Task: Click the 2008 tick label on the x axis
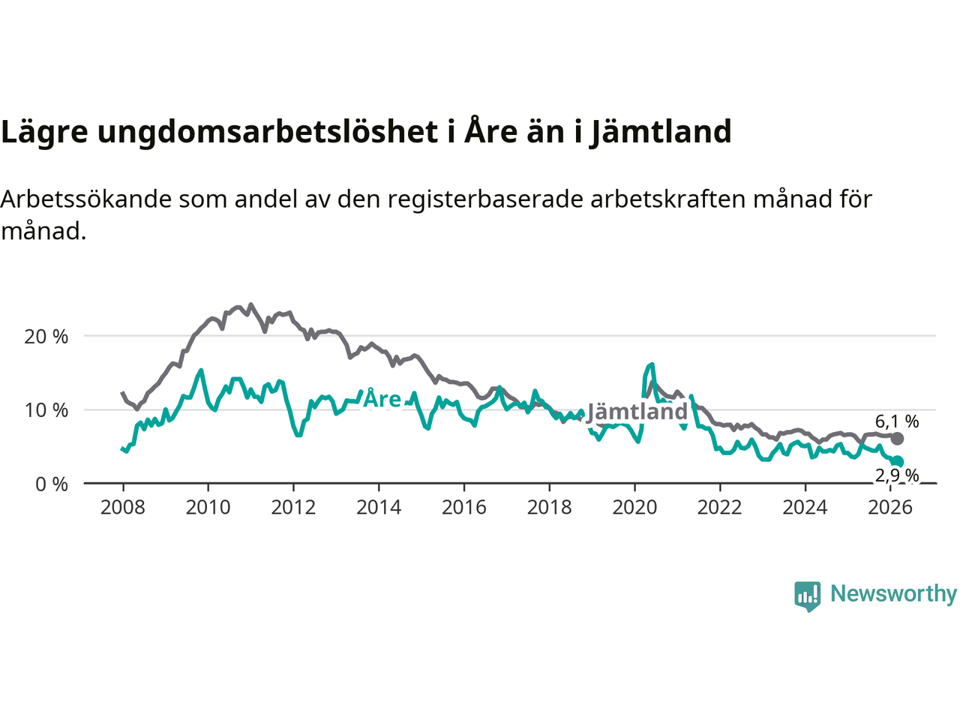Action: [x=123, y=508]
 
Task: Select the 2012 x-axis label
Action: [x=293, y=508]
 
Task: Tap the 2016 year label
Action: [x=464, y=508]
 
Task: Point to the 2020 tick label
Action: [x=634, y=508]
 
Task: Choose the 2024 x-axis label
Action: [x=805, y=508]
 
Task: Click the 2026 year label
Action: [x=890, y=508]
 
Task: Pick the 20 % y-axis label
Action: [x=46, y=337]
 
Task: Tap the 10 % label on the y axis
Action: [x=46, y=410]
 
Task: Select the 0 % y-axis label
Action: [x=52, y=484]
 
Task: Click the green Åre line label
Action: [x=382, y=399]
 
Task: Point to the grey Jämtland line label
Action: [x=637, y=412]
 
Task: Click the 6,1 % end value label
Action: [x=897, y=421]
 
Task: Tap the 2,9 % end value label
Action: [x=897, y=475]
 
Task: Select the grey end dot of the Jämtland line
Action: [x=897, y=439]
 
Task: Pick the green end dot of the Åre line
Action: [x=898, y=462]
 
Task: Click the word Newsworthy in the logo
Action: [x=893, y=594]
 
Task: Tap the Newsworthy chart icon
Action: [x=807, y=596]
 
